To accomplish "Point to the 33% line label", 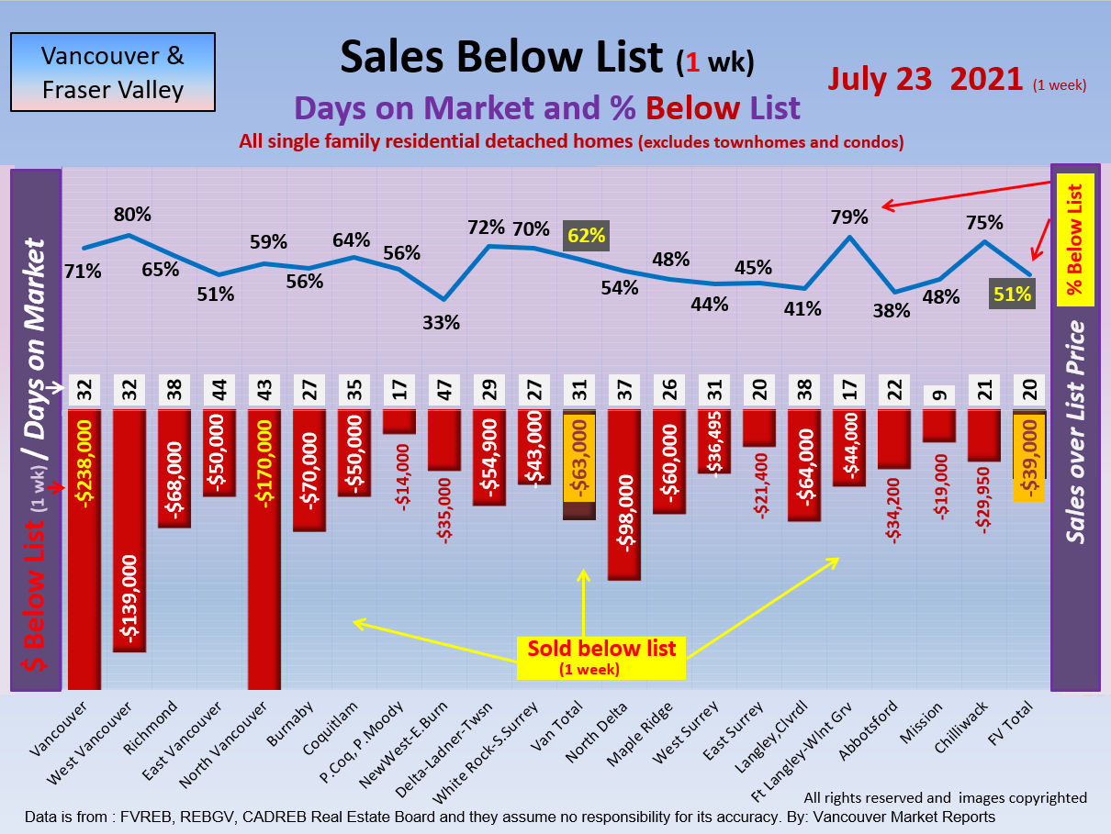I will click(x=442, y=322).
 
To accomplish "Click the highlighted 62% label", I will click(x=586, y=236).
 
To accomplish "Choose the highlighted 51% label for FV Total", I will click(x=1012, y=295).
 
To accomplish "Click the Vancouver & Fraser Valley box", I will click(x=112, y=72).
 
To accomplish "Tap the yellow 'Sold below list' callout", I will click(x=601, y=657).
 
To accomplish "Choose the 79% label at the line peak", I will click(x=849, y=217).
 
